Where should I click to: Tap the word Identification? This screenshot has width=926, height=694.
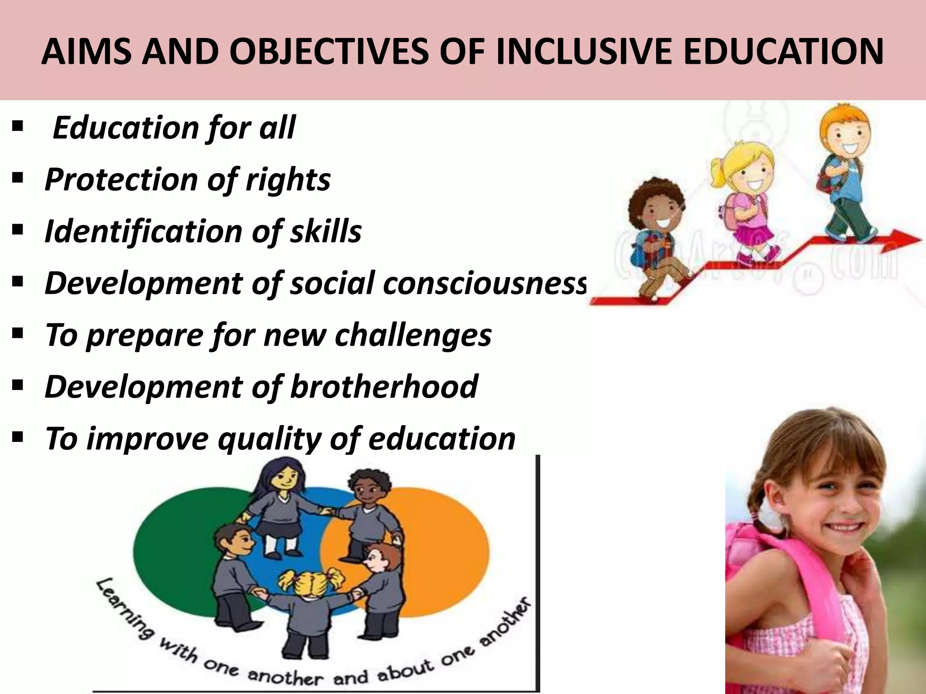[x=144, y=231]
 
